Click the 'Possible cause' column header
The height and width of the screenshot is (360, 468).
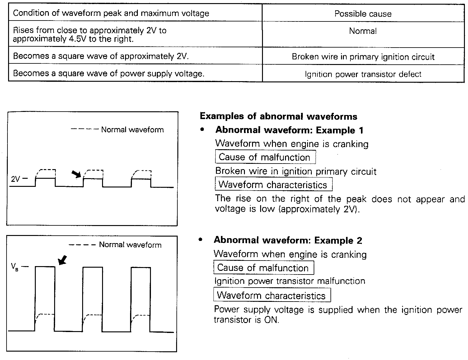pos(363,14)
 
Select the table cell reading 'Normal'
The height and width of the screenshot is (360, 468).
pos(363,31)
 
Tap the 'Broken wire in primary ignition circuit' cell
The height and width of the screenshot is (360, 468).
pos(363,57)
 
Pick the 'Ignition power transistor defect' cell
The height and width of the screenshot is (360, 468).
pos(363,74)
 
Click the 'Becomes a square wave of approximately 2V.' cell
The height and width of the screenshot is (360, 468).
pos(101,56)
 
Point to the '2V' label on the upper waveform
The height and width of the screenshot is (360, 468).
pos(16,179)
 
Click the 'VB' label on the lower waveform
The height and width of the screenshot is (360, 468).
pos(15,267)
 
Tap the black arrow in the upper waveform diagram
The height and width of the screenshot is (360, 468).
pos(76,174)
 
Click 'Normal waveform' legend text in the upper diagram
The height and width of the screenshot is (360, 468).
pos(132,130)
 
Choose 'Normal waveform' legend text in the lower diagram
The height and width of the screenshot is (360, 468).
pos(130,245)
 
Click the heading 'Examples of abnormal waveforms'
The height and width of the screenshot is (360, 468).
pos(278,117)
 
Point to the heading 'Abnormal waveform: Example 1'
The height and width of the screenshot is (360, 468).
pos(289,130)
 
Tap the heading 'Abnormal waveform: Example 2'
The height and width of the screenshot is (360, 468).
pos(288,241)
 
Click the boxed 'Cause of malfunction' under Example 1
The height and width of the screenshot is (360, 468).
pos(265,157)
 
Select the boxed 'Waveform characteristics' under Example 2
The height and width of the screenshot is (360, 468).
pos(272,295)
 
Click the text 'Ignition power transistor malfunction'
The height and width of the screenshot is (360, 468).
pos(290,281)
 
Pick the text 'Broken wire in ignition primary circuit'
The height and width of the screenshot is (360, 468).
pos(296,171)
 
